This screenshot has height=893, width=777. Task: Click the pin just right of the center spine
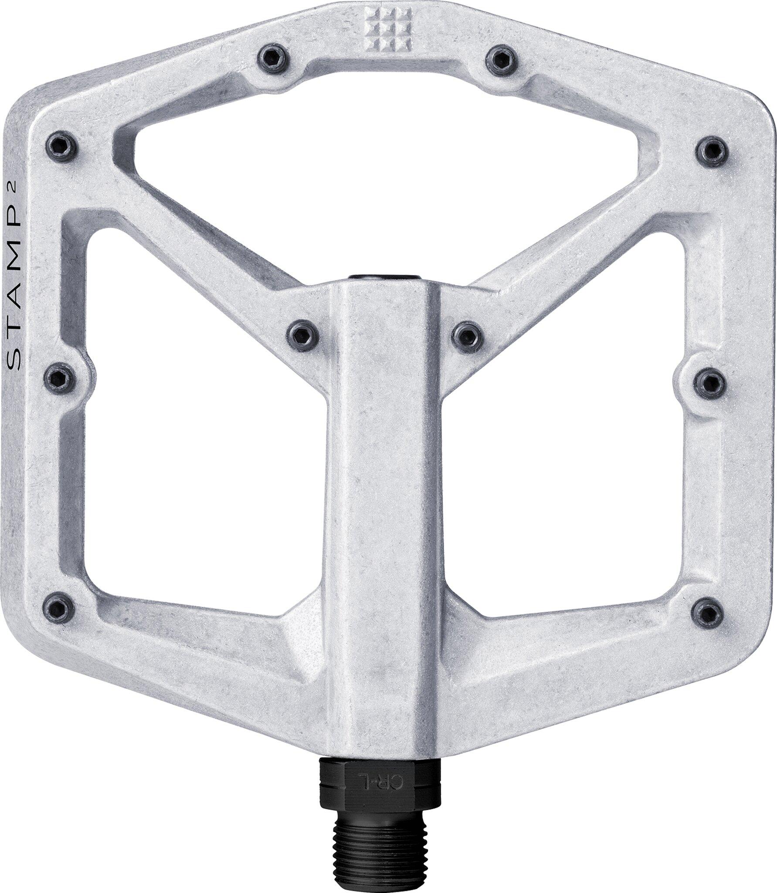467,335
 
